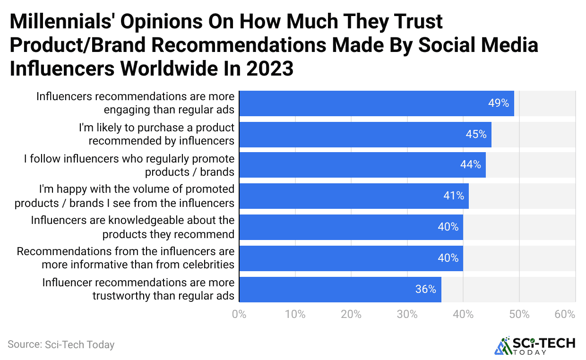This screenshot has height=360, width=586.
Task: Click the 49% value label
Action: (499, 103)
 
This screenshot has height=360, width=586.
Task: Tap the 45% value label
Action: (476, 134)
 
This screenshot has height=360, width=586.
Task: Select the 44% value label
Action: (470, 164)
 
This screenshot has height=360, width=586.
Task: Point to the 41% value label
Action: (453, 196)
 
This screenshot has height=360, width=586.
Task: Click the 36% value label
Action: (425, 289)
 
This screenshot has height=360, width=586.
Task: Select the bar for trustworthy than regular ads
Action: (340, 289)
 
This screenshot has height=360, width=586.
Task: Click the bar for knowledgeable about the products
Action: (351, 227)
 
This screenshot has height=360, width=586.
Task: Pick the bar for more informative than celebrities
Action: (351, 258)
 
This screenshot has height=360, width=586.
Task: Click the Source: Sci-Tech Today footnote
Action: (61, 344)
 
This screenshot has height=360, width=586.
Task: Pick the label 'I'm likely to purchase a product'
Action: (156, 128)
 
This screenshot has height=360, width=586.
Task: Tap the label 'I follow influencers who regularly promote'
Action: (129, 159)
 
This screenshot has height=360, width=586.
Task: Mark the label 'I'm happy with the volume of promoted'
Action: (137, 189)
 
